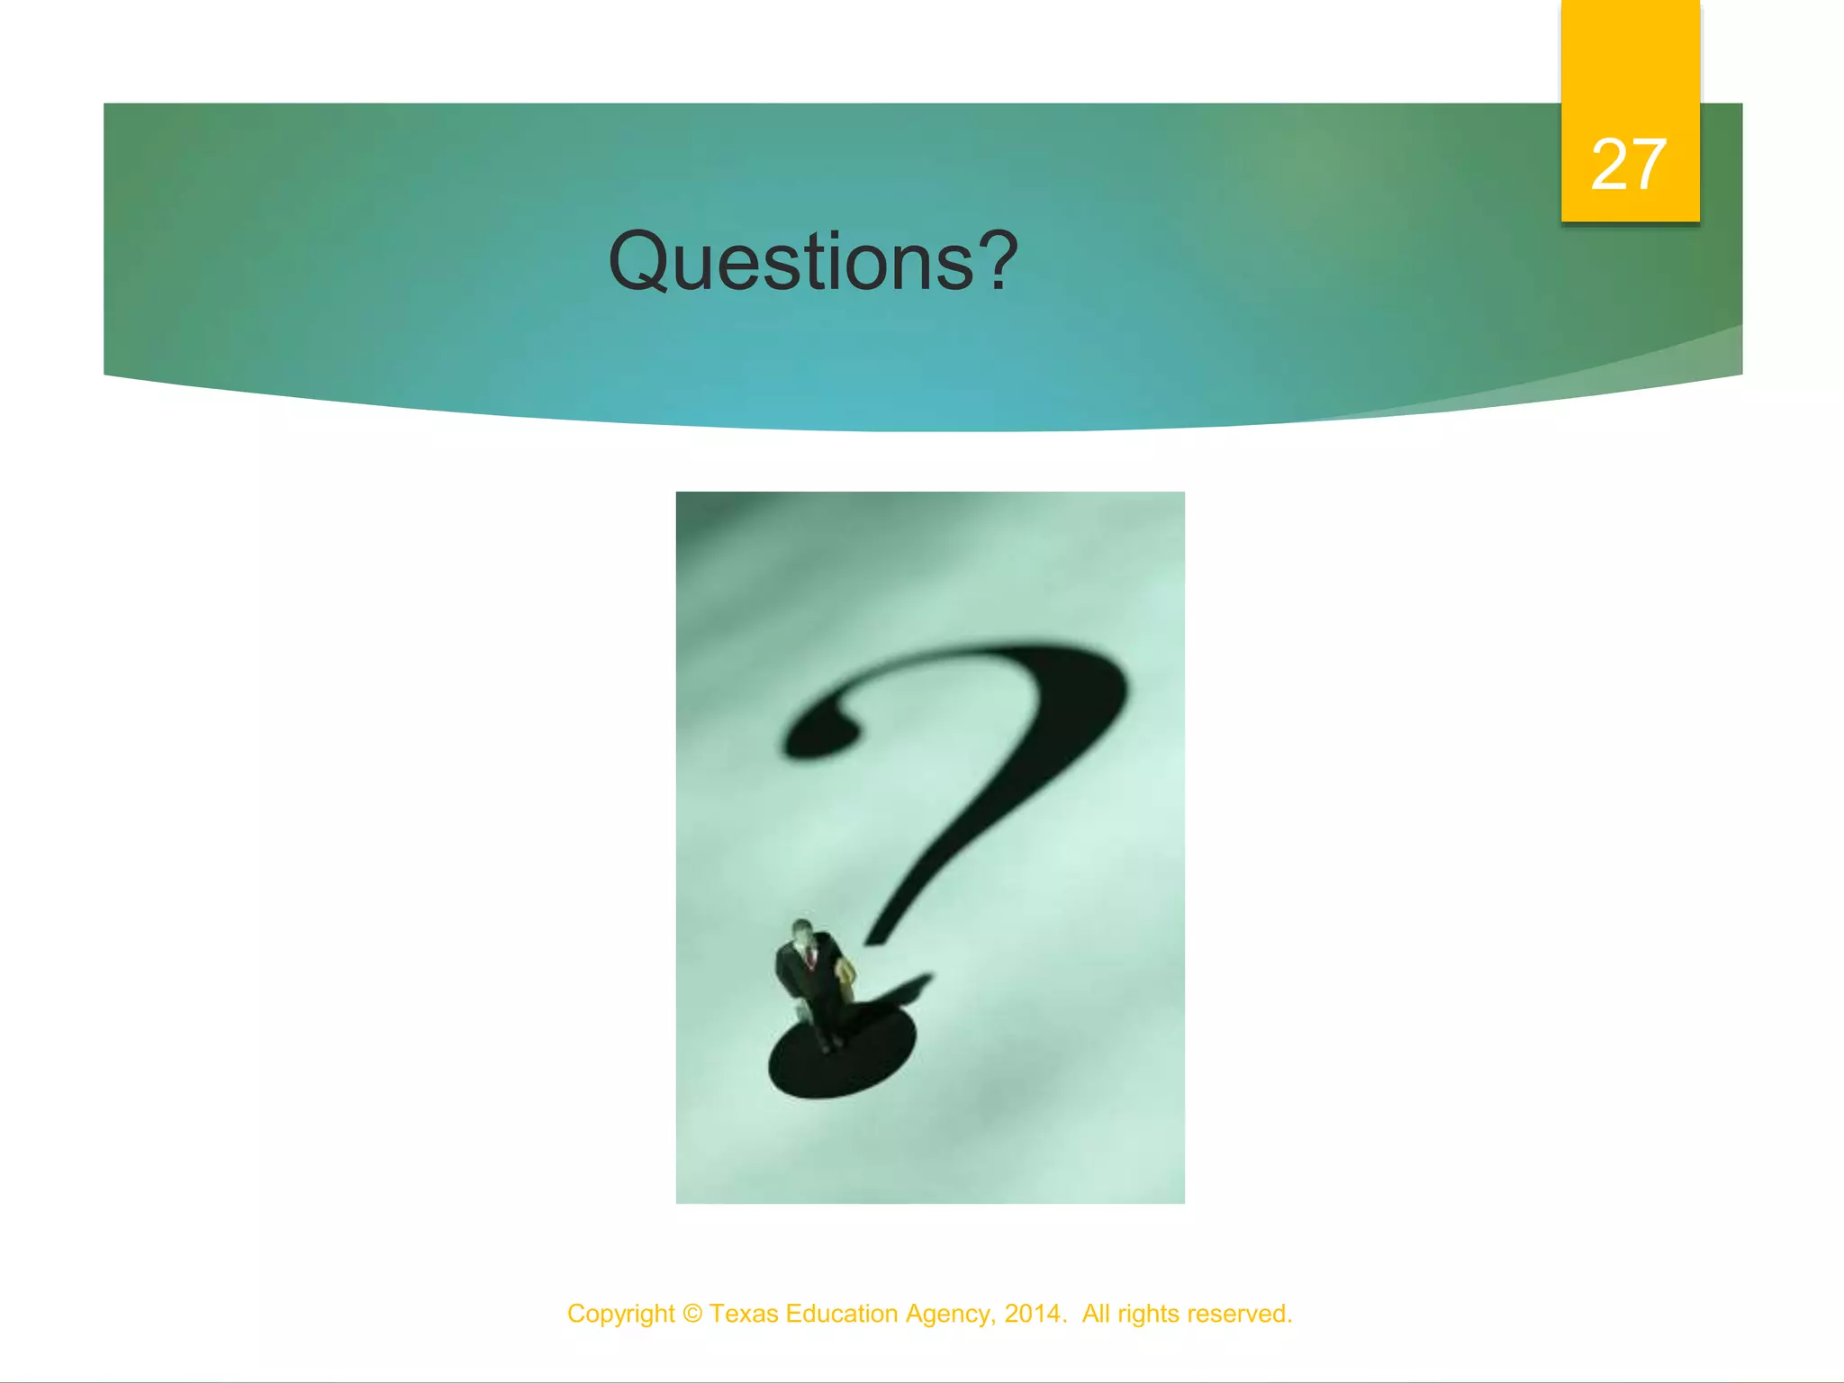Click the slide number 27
1629,165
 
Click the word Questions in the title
791,262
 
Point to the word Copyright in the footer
620,1314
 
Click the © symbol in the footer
691,1314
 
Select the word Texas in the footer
744,1314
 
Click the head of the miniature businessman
800,931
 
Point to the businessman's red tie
810,958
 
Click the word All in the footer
1095,1314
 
